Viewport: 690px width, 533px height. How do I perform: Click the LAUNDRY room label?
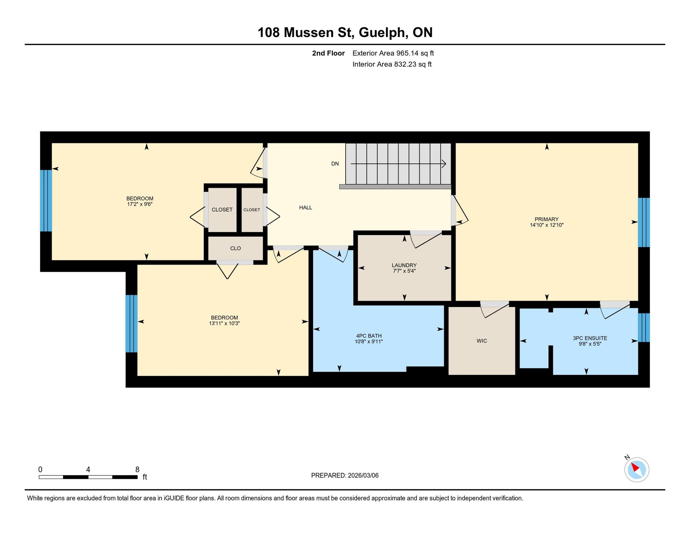pos(404,265)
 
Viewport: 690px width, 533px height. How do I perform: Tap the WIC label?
pos(482,341)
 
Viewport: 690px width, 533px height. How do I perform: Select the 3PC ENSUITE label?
pos(590,338)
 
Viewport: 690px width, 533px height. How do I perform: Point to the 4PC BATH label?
pos(369,336)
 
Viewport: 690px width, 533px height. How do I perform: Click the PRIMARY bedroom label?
pos(546,219)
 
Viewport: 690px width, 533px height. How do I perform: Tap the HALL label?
pos(306,208)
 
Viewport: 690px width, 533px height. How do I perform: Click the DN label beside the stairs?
pos(335,164)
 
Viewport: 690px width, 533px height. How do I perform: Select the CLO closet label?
pos(236,248)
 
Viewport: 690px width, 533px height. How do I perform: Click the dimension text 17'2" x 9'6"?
pos(140,204)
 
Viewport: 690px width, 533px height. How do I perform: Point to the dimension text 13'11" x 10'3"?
pos(224,323)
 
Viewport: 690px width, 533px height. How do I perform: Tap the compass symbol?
pos(636,469)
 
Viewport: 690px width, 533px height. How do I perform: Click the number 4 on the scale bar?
pos(88,470)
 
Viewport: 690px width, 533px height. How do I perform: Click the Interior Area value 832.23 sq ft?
pos(413,64)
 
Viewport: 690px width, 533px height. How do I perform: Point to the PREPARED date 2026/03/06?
pos(363,475)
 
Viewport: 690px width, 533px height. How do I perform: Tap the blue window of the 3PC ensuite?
pos(644,328)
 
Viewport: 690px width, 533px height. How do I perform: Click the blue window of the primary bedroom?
pos(644,222)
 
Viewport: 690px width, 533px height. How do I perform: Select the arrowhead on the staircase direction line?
pos(444,164)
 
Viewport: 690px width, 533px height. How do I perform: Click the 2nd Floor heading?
pos(328,53)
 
